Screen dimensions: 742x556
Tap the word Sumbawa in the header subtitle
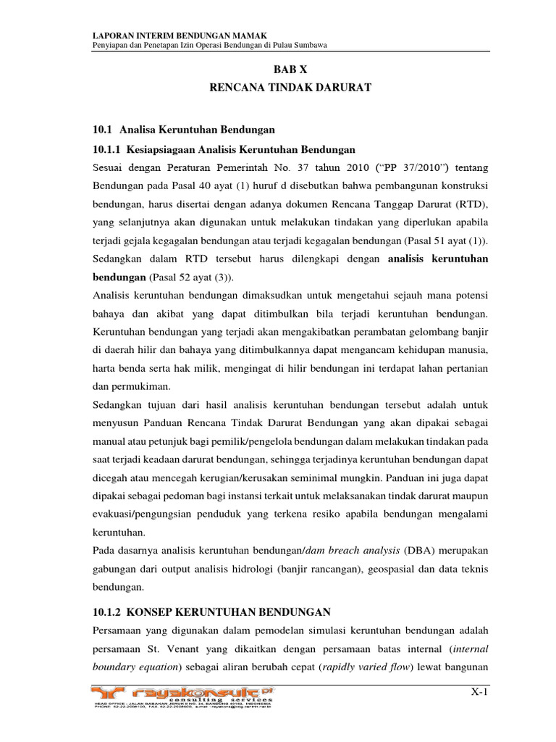pos(310,46)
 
